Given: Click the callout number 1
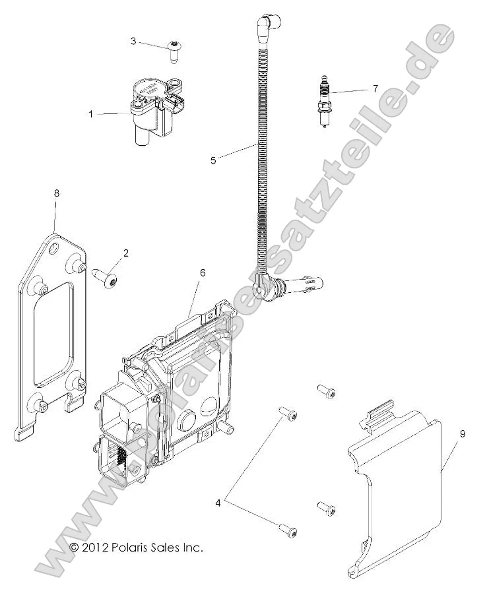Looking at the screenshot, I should [x=91, y=114].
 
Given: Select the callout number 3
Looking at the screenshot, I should [x=133, y=42].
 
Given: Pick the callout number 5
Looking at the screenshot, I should [x=213, y=159].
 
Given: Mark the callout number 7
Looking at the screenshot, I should [x=375, y=88].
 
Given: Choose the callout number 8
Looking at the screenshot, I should [x=56, y=193].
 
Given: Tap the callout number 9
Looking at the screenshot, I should [x=463, y=433].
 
